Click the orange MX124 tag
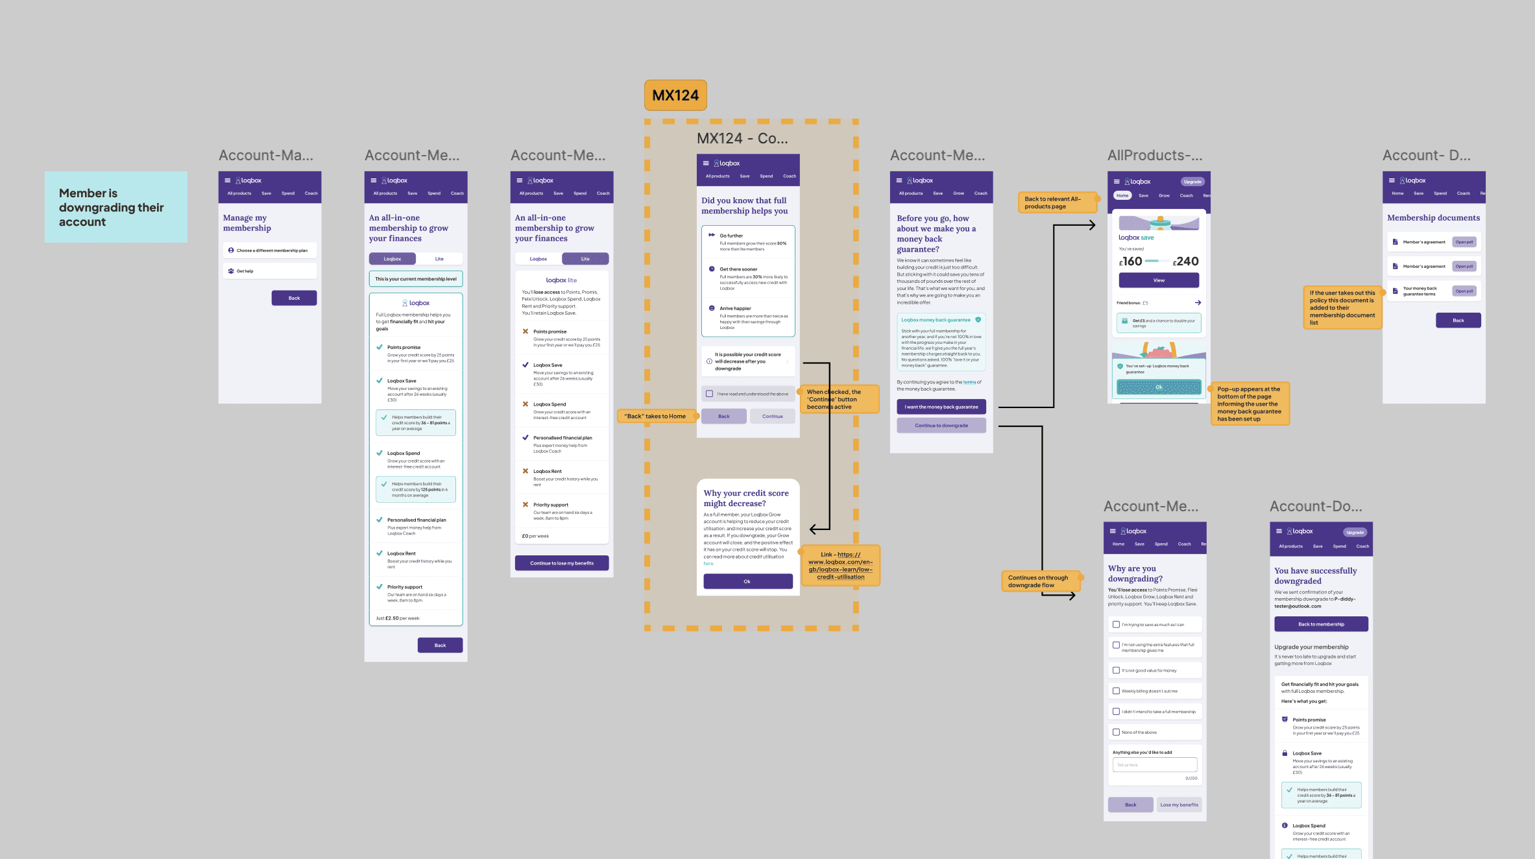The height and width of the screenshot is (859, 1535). pos(675,95)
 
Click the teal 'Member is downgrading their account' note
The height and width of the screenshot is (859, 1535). pos(115,207)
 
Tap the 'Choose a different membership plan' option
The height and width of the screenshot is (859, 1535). pos(270,250)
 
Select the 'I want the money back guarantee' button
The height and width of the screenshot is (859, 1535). pos(941,407)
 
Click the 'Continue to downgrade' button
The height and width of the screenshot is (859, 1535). pos(941,426)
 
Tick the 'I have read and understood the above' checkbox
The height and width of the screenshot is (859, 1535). pos(710,394)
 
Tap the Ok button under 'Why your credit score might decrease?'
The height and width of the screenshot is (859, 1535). pos(747,581)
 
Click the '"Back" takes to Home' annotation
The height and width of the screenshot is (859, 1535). pos(655,417)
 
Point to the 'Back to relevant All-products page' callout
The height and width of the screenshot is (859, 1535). pos(1056,202)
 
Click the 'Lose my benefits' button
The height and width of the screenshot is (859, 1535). pos(1179,805)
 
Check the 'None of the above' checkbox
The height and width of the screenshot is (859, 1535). pos(1116,732)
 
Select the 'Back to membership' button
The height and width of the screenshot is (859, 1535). pos(1321,624)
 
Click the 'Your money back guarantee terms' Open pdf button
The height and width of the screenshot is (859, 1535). pos(1464,291)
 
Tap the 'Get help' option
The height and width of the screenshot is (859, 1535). pos(270,271)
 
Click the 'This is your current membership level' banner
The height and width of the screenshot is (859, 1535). pos(416,279)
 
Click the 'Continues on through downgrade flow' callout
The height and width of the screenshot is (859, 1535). pos(1041,581)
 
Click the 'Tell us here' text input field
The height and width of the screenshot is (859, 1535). pos(1155,765)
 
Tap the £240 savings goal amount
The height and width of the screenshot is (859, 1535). pos(1186,261)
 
